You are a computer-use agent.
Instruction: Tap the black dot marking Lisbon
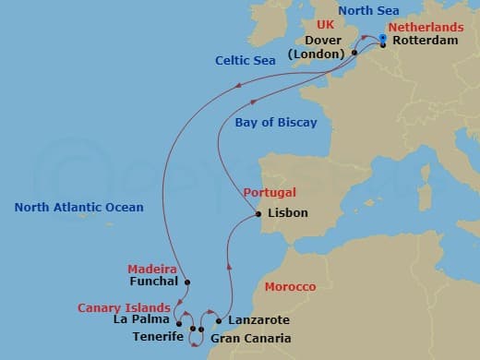[258, 214]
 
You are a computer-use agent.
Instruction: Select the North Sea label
[368, 11]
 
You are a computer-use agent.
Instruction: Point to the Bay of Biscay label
[276, 122]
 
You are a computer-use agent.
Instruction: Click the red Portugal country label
[270, 193]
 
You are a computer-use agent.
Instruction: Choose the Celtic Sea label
[246, 61]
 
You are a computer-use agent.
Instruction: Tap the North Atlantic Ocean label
[78, 208]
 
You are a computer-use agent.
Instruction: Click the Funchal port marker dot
[187, 282]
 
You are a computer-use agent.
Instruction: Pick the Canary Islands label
[124, 307]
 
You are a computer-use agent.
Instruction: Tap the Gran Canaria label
[250, 338]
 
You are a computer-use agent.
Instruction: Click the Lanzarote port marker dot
[219, 321]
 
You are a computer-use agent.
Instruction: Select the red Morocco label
[291, 287]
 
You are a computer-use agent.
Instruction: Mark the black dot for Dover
[354, 54]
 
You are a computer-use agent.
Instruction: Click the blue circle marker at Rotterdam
[382, 37]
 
